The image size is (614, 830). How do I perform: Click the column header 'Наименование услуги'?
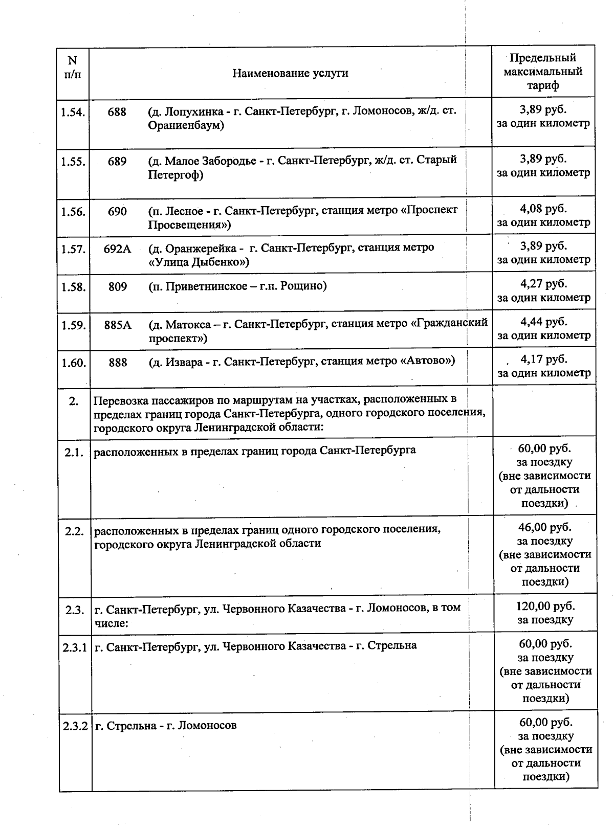pyautogui.click(x=290, y=73)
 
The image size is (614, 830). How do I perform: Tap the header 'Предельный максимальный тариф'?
pyautogui.click(x=543, y=72)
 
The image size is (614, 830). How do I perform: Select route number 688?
pyautogui.click(x=117, y=111)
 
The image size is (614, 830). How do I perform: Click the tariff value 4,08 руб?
pyautogui.click(x=543, y=209)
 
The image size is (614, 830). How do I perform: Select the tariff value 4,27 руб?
pyautogui.click(x=543, y=284)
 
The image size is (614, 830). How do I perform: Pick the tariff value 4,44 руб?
pyautogui.click(x=543, y=322)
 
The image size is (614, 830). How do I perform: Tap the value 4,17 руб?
pyautogui.click(x=543, y=359)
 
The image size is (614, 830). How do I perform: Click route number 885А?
pyautogui.click(x=118, y=325)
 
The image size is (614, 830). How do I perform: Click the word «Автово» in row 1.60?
pyautogui.click(x=427, y=361)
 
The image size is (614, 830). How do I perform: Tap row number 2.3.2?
pyautogui.click(x=76, y=726)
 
